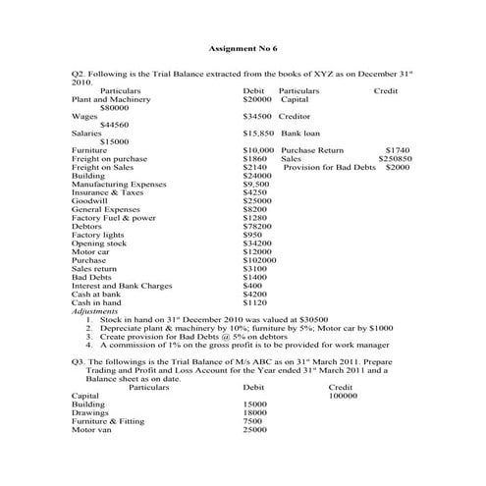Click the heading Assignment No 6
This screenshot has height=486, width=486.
tap(243, 48)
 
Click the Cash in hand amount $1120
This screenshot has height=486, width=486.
tap(254, 302)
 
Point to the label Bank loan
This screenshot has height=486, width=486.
tap(296, 132)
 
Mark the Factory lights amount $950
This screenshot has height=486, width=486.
tap(252, 235)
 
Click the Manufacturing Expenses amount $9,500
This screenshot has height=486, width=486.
tap(255, 184)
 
